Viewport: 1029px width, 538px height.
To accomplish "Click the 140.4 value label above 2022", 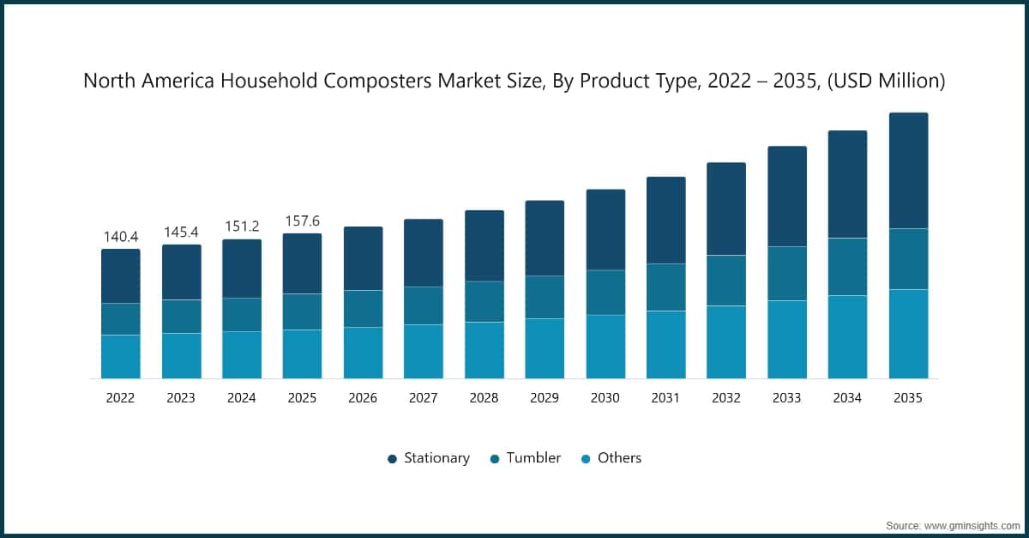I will [120, 236].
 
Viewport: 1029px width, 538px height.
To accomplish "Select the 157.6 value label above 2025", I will [302, 221].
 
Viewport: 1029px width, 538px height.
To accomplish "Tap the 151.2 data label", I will [242, 226].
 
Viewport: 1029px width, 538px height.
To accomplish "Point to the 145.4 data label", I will [181, 232].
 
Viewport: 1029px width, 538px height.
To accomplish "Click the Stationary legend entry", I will [429, 458].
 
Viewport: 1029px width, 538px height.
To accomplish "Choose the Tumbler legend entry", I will [526, 458].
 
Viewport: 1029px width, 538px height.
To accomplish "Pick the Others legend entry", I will [611, 458].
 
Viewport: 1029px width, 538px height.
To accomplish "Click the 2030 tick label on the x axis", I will [605, 398].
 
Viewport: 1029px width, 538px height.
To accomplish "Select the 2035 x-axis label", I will [908, 398].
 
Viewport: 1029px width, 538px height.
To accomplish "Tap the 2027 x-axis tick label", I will [424, 398].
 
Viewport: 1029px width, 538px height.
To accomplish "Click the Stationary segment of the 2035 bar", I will [908, 170].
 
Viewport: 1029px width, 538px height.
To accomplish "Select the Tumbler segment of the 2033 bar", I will [786, 273].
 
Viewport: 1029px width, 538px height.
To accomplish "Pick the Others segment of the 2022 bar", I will [120, 356].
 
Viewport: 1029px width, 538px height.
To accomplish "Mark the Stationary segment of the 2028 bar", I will [484, 245].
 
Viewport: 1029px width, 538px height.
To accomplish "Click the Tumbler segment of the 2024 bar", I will [242, 314].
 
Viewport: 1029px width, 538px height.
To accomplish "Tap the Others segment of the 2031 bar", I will [665, 344].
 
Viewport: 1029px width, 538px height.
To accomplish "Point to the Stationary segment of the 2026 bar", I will [363, 258].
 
